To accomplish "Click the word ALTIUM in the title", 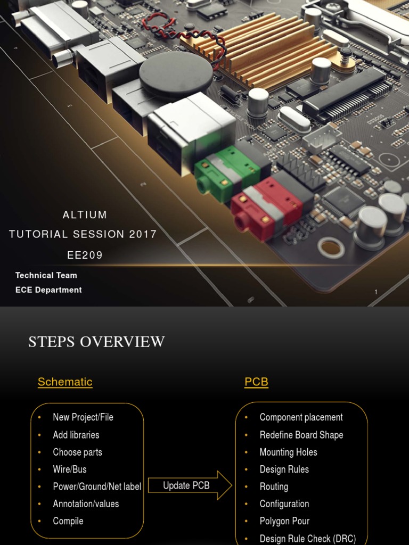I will (x=85, y=215).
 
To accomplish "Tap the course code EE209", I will (x=85, y=255).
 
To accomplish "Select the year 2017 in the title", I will (x=143, y=234).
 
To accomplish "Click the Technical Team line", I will (x=46, y=275).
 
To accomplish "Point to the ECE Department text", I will (x=48, y=290).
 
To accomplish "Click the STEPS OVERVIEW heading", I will (x=96, y=342).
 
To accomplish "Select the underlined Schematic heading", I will (x=65, y=382).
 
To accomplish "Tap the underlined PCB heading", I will (x=256, y=382).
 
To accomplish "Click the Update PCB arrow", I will (x=189, y=485).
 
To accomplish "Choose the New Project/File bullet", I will (x=83, y=417).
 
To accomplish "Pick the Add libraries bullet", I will (x=76, y=435).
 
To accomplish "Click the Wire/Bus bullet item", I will (x=70, y=469).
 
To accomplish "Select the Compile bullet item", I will (x=68, y=521).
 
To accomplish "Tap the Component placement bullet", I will (x=301, y=417).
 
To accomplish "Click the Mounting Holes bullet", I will (x=288, y=452).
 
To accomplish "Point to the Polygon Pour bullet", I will (x=284, y=521).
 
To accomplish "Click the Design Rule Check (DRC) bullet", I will (x=307, y=539).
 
